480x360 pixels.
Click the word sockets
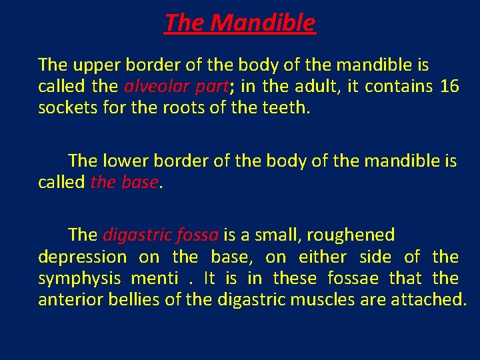66,108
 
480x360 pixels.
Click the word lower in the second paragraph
127,161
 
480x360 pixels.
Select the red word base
140,182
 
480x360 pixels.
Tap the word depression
82,257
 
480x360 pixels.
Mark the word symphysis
79,278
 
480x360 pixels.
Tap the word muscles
324,299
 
